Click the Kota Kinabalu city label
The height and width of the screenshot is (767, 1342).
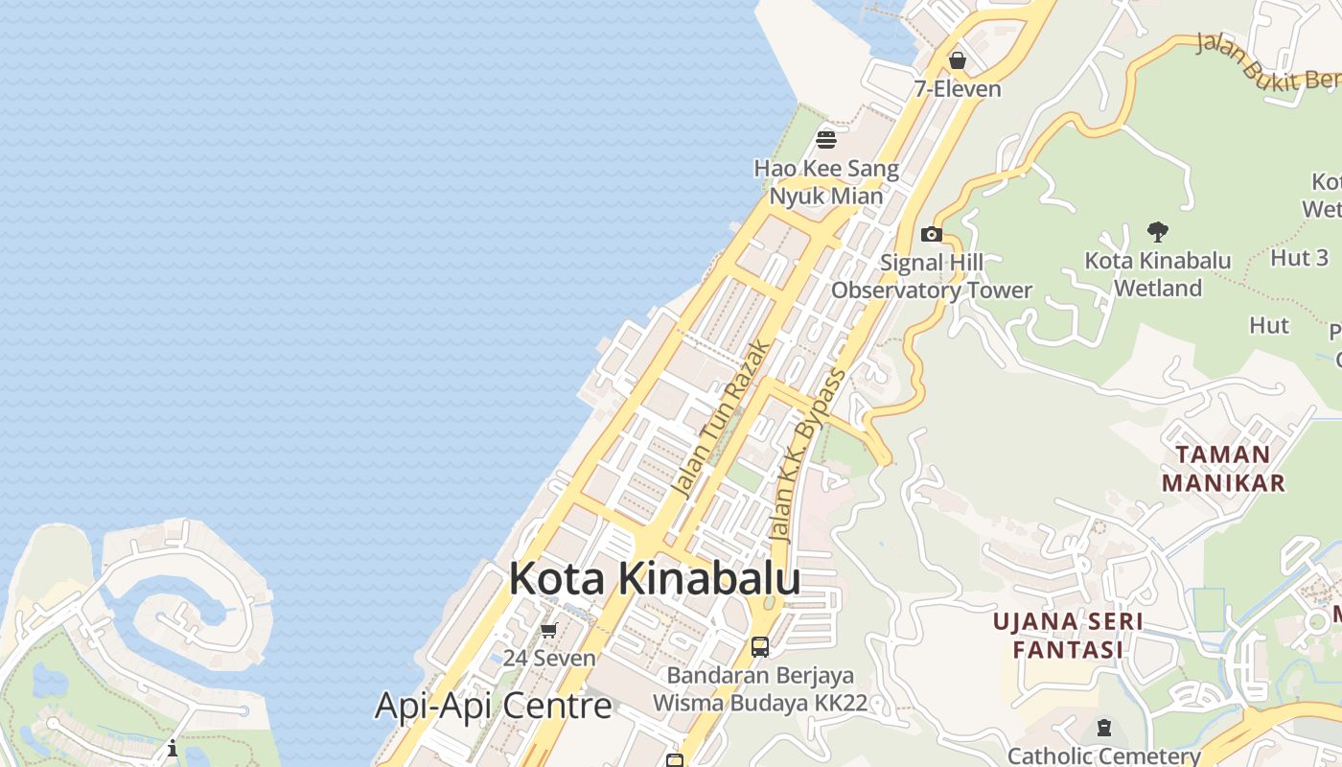tap(655, 579)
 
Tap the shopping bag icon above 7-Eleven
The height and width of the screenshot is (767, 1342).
tap(957, 61)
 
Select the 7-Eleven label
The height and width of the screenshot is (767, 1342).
tap(957, 89)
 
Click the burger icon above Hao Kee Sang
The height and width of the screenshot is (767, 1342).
tap(826, 140)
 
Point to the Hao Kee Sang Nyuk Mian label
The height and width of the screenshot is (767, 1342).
tap(826, 182)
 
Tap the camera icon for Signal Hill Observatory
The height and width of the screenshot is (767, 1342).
tap(931, 234)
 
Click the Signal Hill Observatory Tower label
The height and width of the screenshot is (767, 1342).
tap(932, 276)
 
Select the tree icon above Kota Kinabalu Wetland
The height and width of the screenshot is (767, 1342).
tap(1158, 231)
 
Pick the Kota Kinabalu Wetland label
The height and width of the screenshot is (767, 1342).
tap(1158, 274)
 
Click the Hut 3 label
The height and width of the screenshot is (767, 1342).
tap(1300, 257)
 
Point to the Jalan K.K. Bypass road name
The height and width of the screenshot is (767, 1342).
tap(808, 455)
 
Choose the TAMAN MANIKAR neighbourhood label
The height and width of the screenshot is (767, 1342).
tap(1223, 468)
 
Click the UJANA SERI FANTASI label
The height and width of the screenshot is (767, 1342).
tap(1068, 635)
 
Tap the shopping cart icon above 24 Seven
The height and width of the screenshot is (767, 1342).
tap(549, 630)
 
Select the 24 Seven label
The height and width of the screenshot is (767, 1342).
tap(549, 659)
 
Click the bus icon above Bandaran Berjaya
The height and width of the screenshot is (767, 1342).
tap(760, 646)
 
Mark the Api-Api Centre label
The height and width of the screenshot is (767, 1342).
tap(493, 706)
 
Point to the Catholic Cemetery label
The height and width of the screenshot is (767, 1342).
tap(1104, 755)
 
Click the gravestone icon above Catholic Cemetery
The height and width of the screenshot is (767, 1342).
tap(1104, 728)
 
